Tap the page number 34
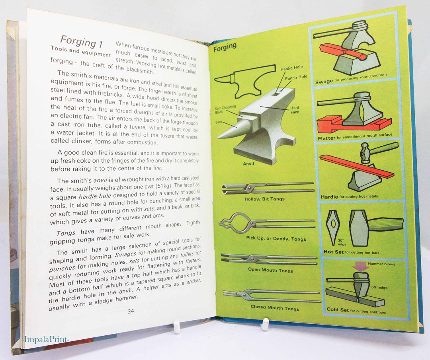(x=131, y=311)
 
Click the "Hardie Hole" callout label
(x=292, y=68)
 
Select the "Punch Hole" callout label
(x=296, y=77)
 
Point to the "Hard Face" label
(x=295, y=110)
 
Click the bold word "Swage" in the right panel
(x=324, y=82)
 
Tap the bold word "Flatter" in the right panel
(x=326, y=138)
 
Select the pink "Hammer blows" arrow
(x=361, y=266)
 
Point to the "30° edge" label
(x=331, y=242)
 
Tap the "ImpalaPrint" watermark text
(x=46, y=339)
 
